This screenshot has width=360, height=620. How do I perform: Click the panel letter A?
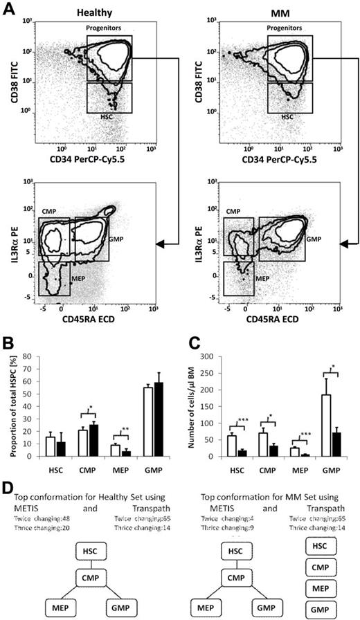(x=8, y=8)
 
